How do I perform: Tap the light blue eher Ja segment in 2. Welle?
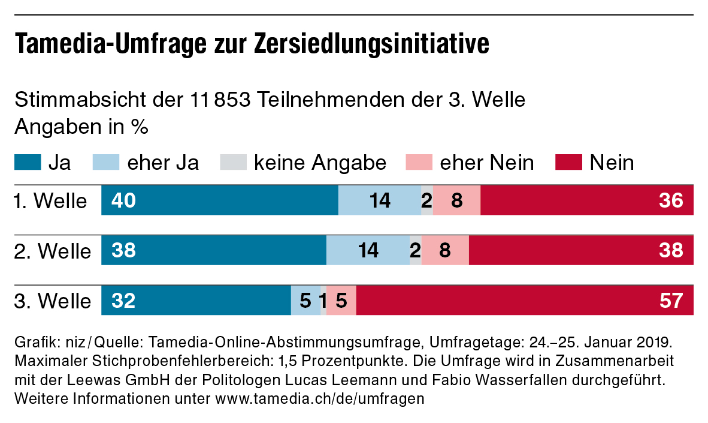(368, 250)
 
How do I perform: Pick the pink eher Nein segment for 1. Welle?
(456, 200)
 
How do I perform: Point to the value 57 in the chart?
(671, 300)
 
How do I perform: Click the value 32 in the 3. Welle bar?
(124, 300)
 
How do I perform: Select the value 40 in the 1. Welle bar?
(124, 200)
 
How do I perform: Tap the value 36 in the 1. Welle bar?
(671, 200)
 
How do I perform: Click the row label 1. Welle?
(50, 201)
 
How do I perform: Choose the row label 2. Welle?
(52, 251)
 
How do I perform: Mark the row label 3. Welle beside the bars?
(52, 301)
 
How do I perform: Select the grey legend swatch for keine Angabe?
(233, 162)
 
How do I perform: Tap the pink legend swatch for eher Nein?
(419, 162)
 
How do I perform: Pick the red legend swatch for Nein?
(568, 162)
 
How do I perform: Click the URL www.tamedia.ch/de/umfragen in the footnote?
(319, 398)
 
